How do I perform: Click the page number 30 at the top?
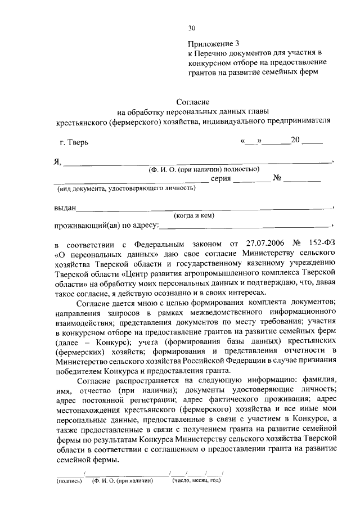point(192,29)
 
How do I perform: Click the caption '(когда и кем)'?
point(193,215)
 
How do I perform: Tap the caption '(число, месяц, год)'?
point(196,481)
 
